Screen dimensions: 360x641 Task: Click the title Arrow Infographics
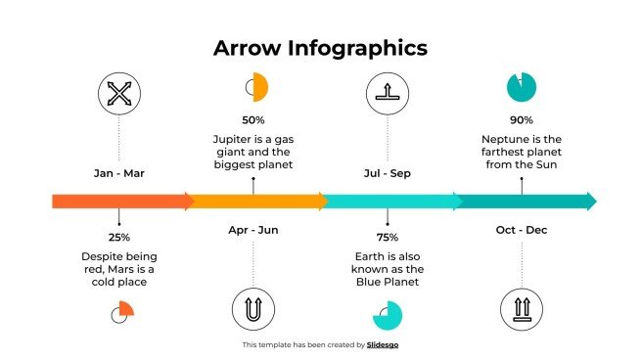click(x=320, y=48)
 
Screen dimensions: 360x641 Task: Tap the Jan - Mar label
click(x=118, y=173)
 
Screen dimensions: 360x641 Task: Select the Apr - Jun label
click(x=253, y=230)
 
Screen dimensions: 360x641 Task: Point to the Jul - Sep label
click(x=387, y=173)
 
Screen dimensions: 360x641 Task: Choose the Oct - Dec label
click(x=522, y=230)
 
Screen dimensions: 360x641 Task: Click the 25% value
click(x=119, y=237)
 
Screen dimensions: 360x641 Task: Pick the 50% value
click(x=253, y=119)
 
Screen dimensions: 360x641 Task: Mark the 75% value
click(x=387, y=237)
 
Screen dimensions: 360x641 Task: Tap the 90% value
click(x=521, y=119)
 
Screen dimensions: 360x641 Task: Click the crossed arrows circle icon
click(x=118, y=94)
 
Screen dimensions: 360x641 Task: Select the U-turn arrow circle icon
click(x=253, y=308)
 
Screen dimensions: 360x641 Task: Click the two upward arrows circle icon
click(x=521, y=308)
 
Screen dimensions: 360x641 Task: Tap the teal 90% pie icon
click(x=521, y=87)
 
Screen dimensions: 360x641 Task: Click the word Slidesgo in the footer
click(x=383, y=344)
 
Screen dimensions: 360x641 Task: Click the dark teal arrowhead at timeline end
click(x=590, y=202)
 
